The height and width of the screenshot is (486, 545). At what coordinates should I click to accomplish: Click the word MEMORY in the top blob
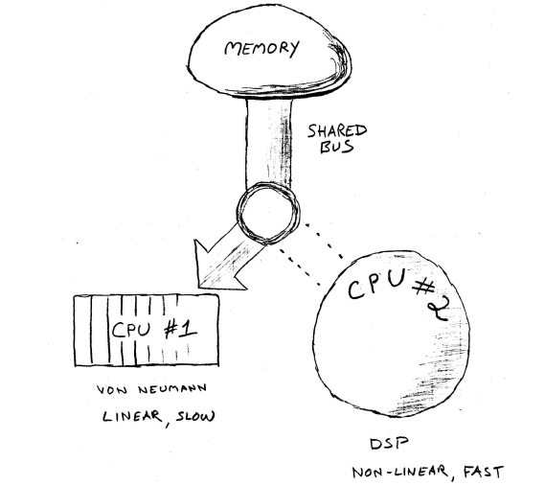(x=262, y=48)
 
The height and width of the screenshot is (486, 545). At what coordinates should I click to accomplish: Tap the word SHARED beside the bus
(x=337, y=131)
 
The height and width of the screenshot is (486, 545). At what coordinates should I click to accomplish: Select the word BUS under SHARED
(x=337, y=148)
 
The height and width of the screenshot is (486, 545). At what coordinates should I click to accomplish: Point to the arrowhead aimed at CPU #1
(x=215, y=267)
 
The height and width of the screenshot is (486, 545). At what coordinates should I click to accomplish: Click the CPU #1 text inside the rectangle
(x=154, y=329)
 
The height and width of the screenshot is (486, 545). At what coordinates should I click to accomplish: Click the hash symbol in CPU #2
(x=424, y=289)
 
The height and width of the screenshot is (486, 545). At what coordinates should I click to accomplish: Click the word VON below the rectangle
(x=112, y=389)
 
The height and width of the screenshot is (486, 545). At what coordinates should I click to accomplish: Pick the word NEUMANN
(x=172, y=388)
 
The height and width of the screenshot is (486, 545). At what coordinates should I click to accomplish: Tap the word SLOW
(x=195, y=416)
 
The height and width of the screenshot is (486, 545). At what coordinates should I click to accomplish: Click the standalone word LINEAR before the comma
(x=132, y=416)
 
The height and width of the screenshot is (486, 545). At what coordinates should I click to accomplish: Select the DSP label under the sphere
(x=389, y=444)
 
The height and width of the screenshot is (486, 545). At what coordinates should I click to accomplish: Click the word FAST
(x=484, y=473)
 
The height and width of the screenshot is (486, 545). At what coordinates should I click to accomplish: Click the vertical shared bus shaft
(x=269, y=142)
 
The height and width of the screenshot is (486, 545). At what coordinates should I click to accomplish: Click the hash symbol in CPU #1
(x=171, y=330)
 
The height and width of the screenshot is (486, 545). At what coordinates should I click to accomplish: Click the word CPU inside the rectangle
(x=131, y=329)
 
